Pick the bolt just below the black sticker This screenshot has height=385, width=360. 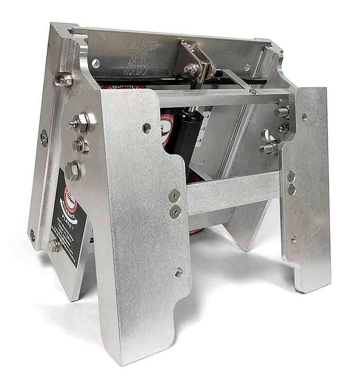[x=52, y=245]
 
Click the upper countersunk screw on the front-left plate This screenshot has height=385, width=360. [x=174, y=195]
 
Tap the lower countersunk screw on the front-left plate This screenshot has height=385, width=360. [x=175, y=210]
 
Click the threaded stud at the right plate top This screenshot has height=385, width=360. [x=283, y=112]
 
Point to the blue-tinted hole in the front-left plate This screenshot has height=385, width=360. [x=146, y=128]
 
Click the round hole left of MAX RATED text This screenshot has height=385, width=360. [x=96, y=63]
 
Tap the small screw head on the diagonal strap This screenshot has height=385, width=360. [x=252, y=91]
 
